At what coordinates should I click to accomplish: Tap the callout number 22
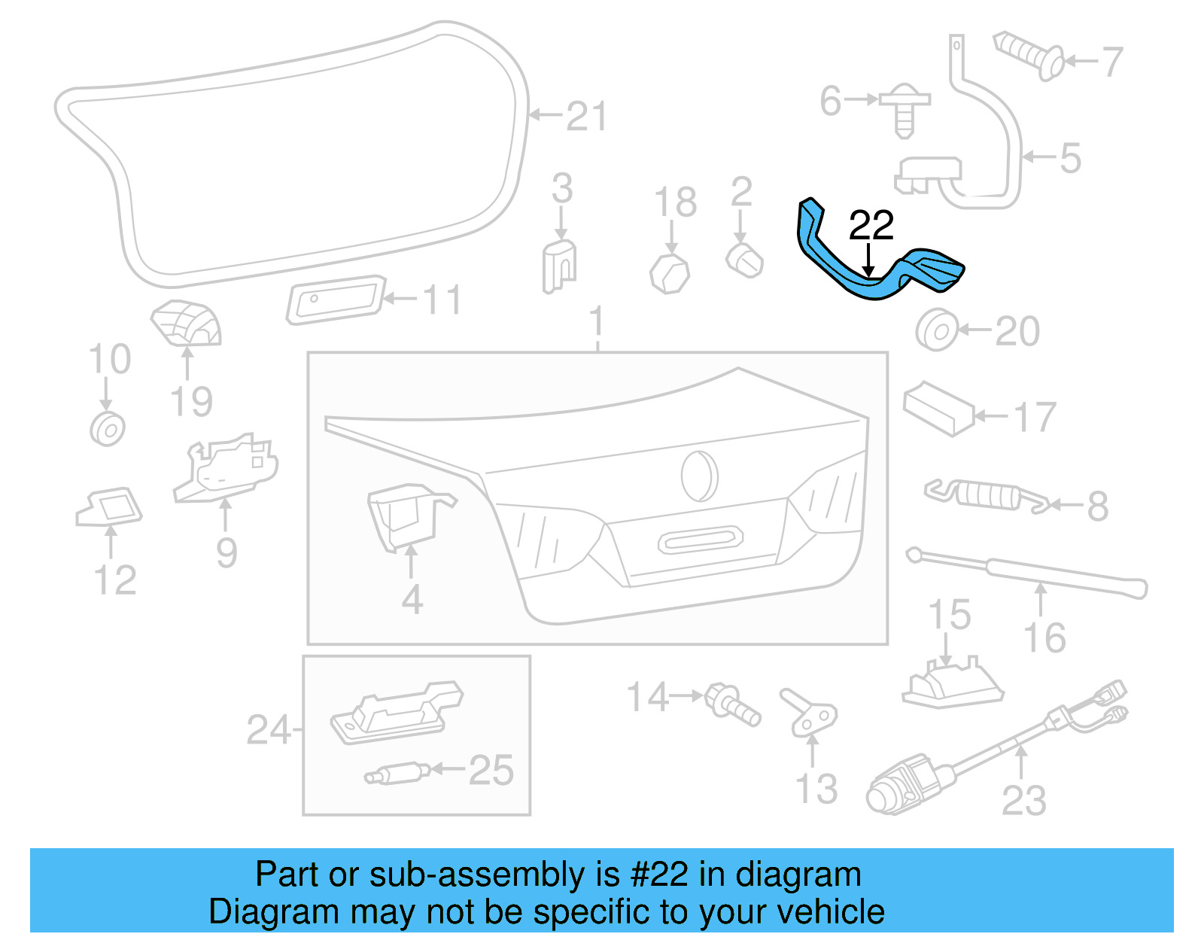coord(871,225)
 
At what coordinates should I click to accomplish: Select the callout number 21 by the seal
coord(585,117)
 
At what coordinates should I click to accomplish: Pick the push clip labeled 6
coord(905,111)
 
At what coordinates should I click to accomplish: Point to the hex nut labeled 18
coord(670,273)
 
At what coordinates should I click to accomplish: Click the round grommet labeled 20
coord(937,330)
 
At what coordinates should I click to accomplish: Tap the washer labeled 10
coord(108,429)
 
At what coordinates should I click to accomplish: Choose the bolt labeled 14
coord(731,703)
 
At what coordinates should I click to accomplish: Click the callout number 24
coord(268,730)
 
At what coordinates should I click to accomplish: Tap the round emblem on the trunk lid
coord(700,476)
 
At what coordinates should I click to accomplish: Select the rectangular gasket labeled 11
coord(336,300)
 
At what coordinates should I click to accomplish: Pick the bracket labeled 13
coord(808,713)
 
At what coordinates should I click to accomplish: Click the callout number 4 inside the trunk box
coord(412,600)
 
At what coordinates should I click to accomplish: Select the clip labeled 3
coord(559,264)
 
